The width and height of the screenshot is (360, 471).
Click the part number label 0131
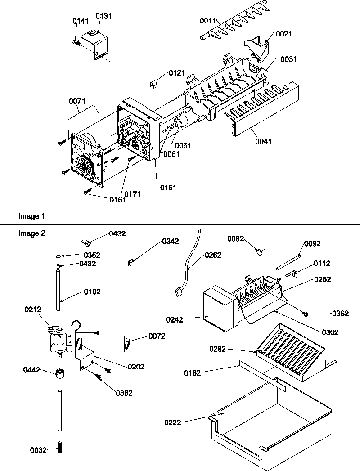click(103, 16)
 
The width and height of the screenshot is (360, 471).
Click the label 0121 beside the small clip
click(177, 72)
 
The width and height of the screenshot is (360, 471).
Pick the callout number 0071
click(77, 102)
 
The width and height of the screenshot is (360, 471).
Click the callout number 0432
click(117, 233)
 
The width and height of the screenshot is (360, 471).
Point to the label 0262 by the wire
click(213, 254)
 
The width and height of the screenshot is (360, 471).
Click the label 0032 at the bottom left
click(38, 449)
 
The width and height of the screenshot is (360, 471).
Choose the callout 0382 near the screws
click(124, 393)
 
